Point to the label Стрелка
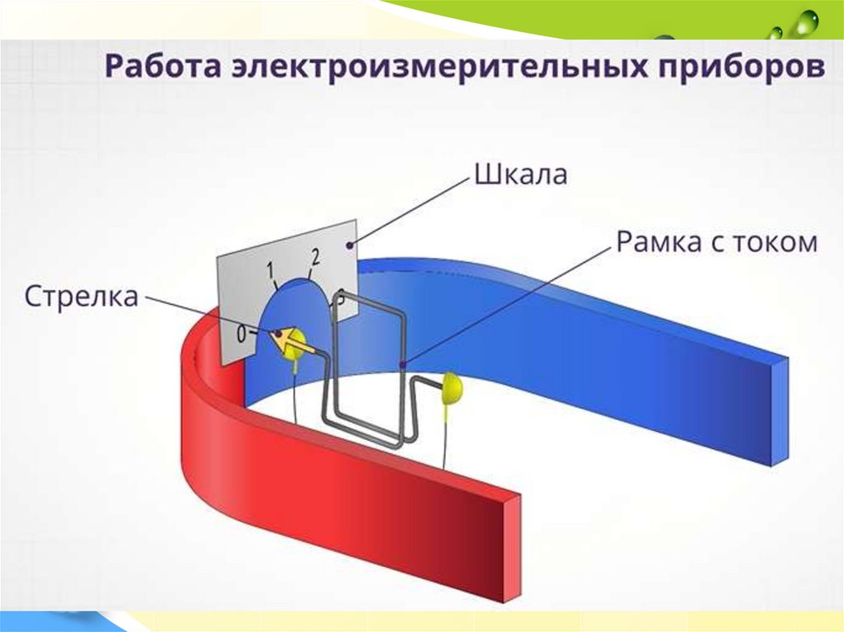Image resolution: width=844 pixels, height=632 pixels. click(81, 296)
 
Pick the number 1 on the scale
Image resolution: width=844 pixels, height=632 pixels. click(270, 269)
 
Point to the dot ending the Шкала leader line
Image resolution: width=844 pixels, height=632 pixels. click(353, 245)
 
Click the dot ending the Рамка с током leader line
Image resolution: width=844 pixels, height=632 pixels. click(402, 364)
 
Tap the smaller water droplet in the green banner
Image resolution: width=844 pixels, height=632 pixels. click(776, 33)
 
